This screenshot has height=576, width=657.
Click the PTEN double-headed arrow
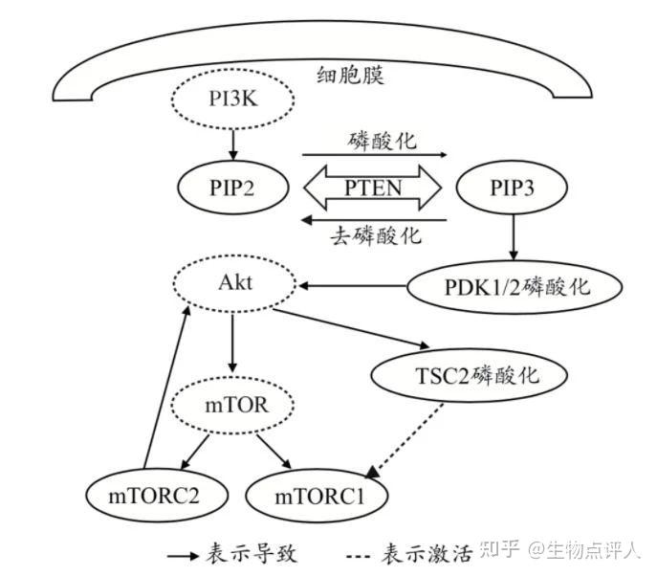372,186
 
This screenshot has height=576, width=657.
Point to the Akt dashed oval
231,283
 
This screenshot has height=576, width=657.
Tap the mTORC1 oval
319,497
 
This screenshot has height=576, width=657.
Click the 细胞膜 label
350,75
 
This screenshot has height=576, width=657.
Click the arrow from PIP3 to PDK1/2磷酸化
515,235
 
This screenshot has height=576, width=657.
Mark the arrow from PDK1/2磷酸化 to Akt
354,284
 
